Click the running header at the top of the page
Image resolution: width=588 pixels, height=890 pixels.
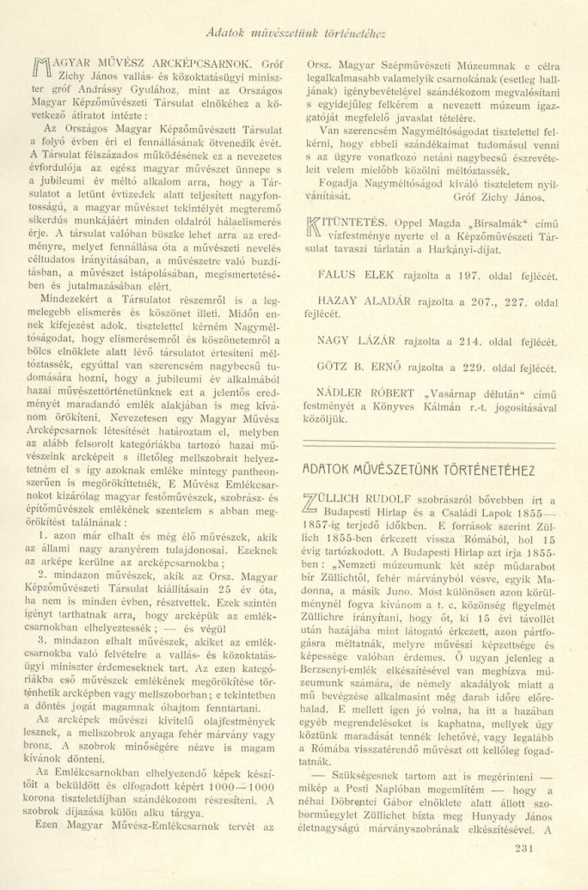(295, 34)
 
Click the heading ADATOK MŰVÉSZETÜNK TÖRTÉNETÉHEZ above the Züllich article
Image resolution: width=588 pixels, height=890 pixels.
(419, 472)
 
